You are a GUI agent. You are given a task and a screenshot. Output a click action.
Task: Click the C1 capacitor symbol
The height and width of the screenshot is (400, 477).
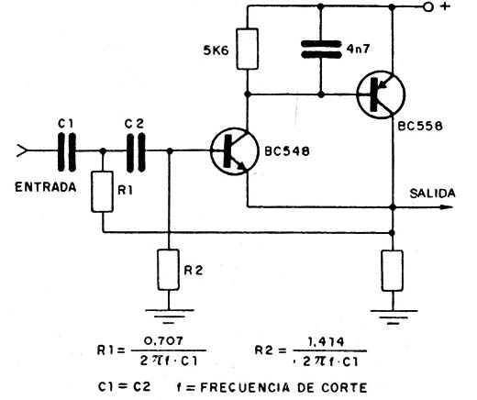tap(67, 151)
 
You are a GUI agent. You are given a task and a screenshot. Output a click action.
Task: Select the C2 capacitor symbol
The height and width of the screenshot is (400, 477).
tap(136, 151)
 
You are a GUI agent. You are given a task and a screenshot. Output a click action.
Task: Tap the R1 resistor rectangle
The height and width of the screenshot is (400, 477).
tap(102, 192)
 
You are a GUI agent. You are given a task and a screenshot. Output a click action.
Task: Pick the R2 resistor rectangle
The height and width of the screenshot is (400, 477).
tap(169, 270)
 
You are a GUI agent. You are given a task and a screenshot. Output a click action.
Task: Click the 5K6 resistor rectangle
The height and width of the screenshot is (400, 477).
tap(248, 49)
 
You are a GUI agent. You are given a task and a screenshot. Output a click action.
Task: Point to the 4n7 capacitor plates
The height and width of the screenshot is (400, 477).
tap(321, 50)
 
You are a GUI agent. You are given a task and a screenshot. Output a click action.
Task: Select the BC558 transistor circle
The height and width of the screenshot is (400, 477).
tap(381, 94)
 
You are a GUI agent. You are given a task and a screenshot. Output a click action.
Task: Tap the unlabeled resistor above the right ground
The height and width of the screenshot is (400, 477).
tap(393, 271)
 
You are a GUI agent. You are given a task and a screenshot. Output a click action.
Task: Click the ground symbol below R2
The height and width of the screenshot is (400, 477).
tap(169, 317)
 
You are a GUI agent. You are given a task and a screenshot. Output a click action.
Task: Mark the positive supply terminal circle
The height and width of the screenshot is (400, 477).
tap(428, 6)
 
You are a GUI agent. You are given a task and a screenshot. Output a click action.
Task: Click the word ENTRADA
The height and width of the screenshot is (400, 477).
tap(46, 187)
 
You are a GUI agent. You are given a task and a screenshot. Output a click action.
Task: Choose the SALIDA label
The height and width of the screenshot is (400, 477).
tap(432, 194)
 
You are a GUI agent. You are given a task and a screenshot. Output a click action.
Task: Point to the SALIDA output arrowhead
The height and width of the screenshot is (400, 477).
tap(447, 207)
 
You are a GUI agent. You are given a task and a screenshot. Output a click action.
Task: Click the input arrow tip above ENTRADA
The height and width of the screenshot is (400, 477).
tap(28, 150)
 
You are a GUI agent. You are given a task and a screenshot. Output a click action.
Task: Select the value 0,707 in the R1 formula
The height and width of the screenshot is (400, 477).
tap(163, 340)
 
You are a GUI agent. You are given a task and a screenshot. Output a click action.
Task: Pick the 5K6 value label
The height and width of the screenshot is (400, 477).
tap(216, 50)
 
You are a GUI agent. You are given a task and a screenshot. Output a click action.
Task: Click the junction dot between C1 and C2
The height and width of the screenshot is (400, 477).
tap(103, 150)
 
